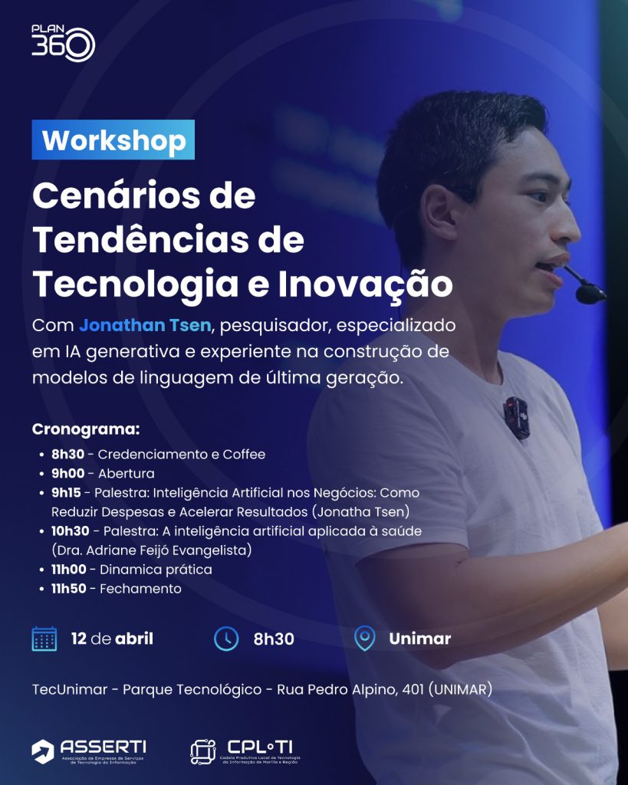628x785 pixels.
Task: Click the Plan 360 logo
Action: point(63,43)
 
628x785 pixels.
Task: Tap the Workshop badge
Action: point(113,140)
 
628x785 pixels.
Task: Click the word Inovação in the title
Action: point(366,284)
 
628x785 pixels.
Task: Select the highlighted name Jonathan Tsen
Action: point(145,325)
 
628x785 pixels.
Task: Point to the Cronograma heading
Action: point(86,429)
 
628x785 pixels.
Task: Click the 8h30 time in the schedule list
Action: point(67,454)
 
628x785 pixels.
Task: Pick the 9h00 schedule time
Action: point(67,473)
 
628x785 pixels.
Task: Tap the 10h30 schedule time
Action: point(70,530)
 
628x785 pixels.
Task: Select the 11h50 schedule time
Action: point(68,588)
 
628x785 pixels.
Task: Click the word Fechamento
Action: point(141,588)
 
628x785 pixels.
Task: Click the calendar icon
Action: point(44,639)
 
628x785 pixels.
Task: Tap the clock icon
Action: point(226,639)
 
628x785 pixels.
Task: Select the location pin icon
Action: point(364,639)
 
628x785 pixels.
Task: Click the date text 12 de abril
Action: point(112,639)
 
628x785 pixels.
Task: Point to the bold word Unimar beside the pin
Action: point(419,639)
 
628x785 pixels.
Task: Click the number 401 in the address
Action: point(413,689)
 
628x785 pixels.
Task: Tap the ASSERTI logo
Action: point(89,751)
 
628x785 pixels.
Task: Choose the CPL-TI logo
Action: point(245,751)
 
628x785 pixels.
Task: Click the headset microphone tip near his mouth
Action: point(590,293)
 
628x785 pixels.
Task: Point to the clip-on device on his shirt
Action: point(516,418)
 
